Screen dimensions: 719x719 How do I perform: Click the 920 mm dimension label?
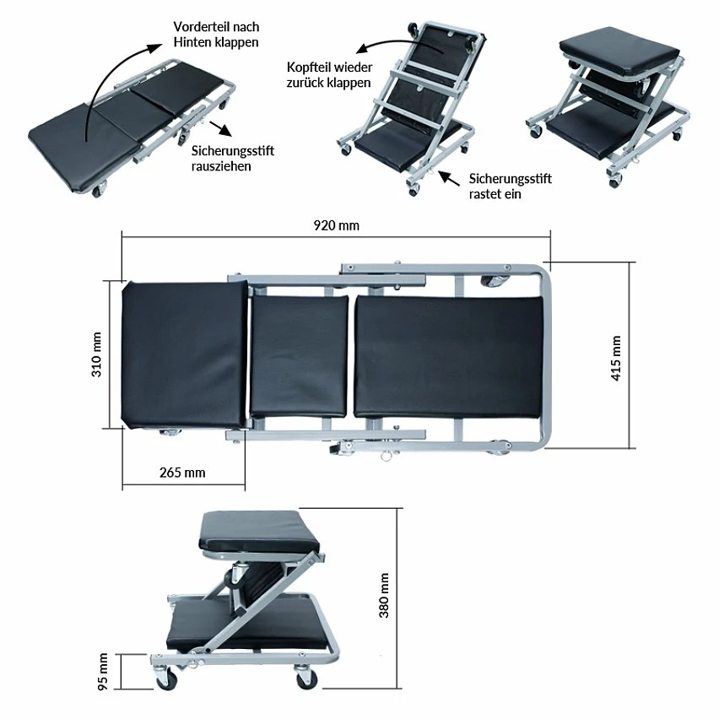(x=336, y=225)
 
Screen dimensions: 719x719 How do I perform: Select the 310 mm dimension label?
(x=96, y=354)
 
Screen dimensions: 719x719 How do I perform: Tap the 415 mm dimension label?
(x=616, y=358)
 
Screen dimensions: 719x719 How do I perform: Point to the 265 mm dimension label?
(x=182, y=473)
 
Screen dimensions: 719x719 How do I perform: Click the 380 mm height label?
(x=384, y=595)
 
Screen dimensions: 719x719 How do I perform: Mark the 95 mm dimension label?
(x=103, y=672)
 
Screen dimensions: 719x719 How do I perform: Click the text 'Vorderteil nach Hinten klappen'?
(x=216, y=35)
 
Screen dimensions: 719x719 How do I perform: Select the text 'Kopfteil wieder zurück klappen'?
(x=329, y=75)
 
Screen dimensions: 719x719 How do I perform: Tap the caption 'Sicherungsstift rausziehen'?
(x=232, y=158)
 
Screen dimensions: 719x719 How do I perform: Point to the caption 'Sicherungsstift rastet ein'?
(x=510, y=187)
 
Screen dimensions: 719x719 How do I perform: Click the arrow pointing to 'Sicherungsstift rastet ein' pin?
(x=449, y=178)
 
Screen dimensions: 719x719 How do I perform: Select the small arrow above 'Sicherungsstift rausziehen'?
(x=220, y=129)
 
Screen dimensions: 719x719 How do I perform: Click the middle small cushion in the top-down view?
(x=299, y=355)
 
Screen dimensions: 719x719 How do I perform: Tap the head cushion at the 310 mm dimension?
(x=184, y=355)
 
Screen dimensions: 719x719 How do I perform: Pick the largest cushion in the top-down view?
(x=448, y=357)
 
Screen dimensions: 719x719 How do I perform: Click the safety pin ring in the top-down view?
(x=387, y=457)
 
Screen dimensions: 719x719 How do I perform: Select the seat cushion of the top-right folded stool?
(x=619, y=51)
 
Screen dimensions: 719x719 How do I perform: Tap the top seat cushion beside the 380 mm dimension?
(x=260, y=532)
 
